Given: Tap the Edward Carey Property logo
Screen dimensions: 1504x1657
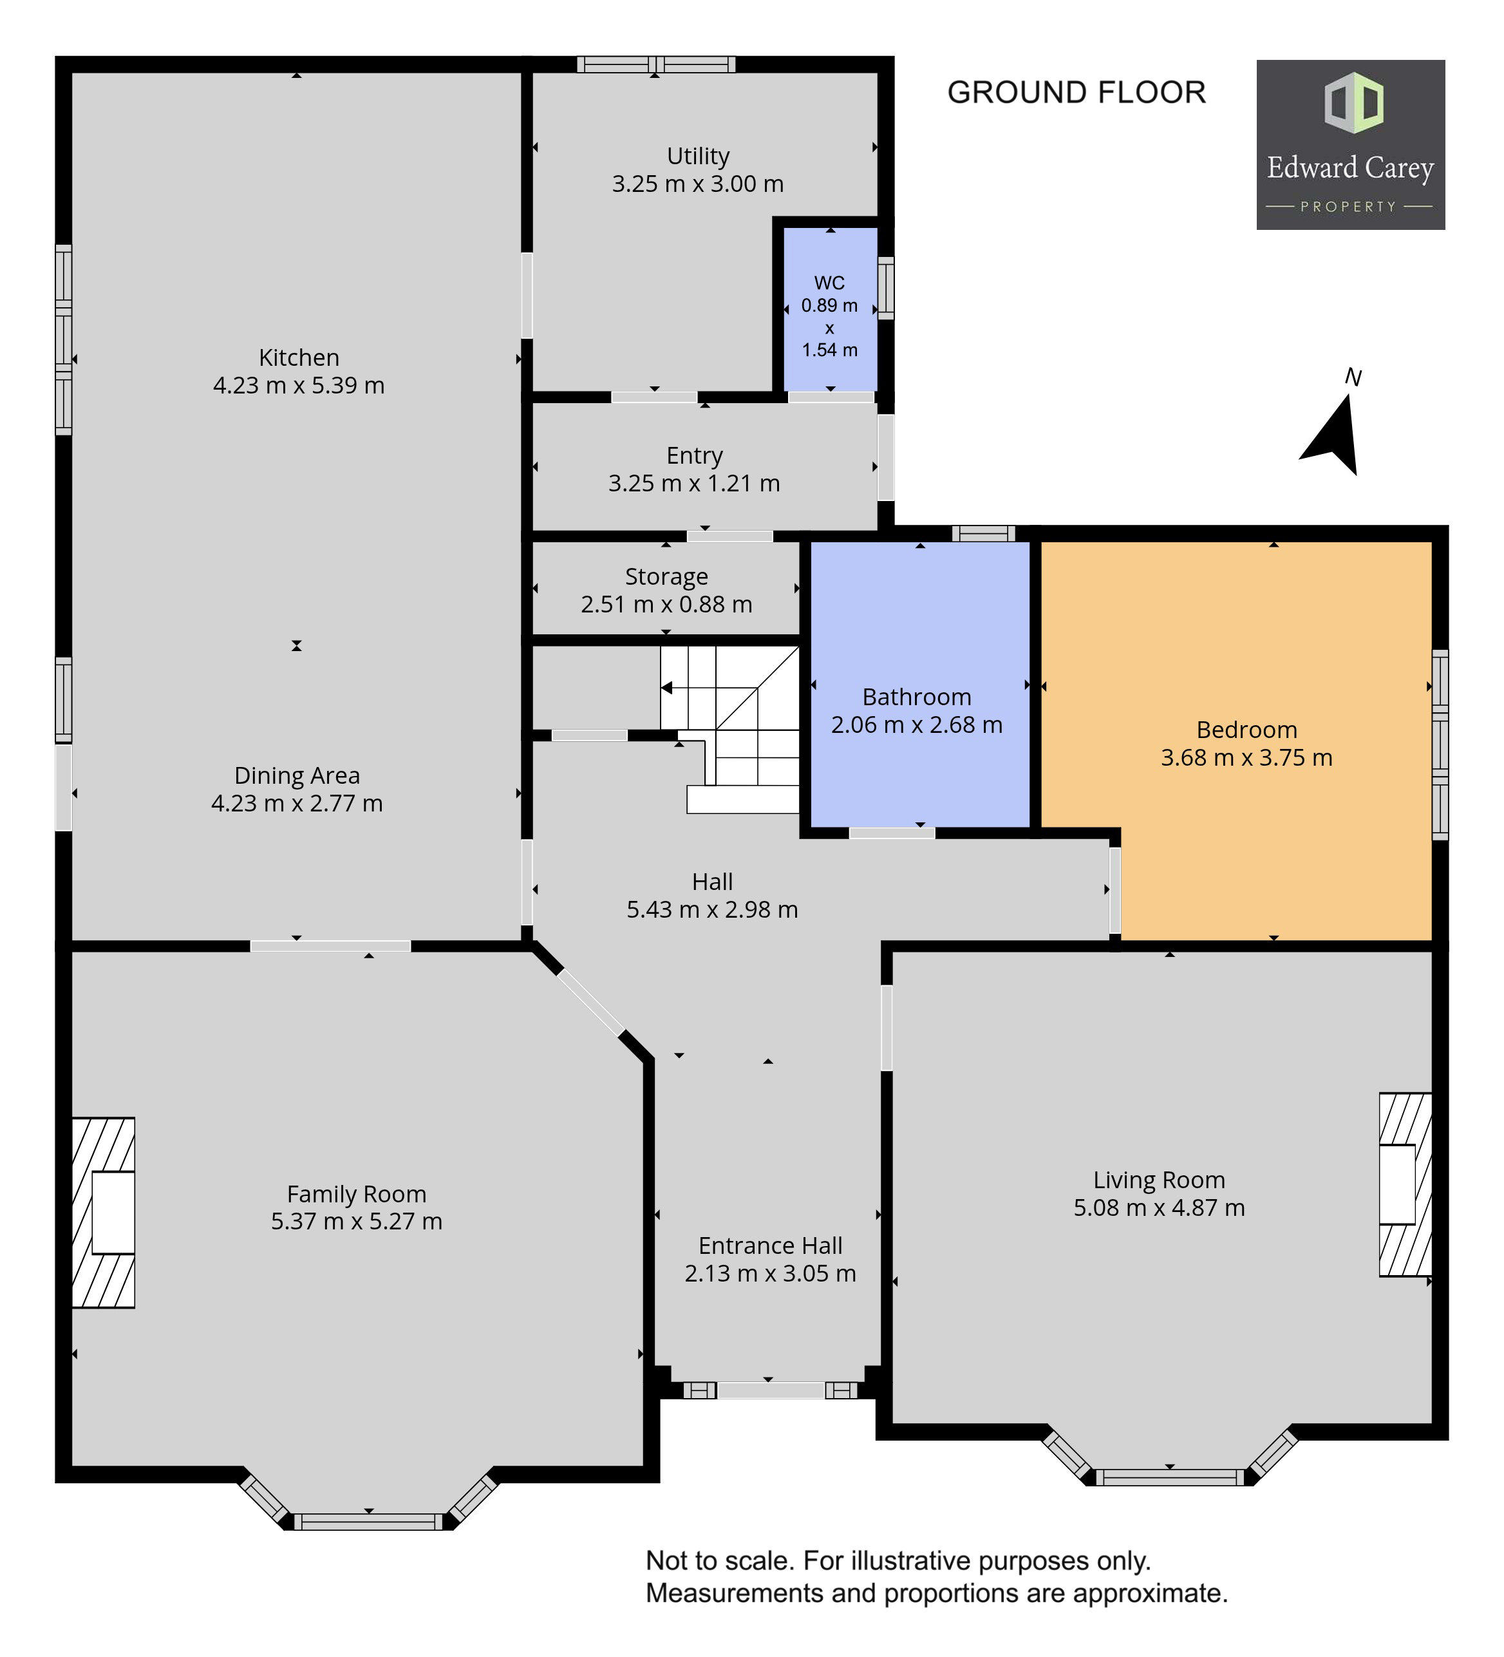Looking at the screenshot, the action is [x=1350, y=145].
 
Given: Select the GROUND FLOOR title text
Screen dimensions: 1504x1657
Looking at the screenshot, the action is [x=1076, y=92].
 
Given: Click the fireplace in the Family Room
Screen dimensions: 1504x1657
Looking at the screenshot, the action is [x=104, y=1213].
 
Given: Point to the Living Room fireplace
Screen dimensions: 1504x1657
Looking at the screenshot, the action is [x=1405, y=1184].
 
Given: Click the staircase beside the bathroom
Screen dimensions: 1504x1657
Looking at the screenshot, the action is [x=731, y=729].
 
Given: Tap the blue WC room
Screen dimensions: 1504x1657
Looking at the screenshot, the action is [x=830, y=309].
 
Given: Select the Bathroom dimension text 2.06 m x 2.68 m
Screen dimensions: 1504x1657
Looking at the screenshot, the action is [x=916, y=725].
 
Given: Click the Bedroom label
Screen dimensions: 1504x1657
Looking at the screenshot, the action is [x=1246, y=730].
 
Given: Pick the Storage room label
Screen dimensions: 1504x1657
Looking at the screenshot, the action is [x=666, y=577].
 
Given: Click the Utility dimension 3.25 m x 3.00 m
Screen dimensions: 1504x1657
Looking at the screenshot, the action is [x=698, y=184].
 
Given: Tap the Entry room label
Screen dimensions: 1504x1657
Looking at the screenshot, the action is [x=695, y=456].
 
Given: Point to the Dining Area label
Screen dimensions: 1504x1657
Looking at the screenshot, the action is [x=297, y=776].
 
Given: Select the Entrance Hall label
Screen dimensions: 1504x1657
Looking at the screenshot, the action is [x=770, y=1246].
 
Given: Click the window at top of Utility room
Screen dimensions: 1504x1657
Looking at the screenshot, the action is [x=656, y=64].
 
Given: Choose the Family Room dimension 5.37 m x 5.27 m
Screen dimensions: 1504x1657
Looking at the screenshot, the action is [x=357, y=1222].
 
